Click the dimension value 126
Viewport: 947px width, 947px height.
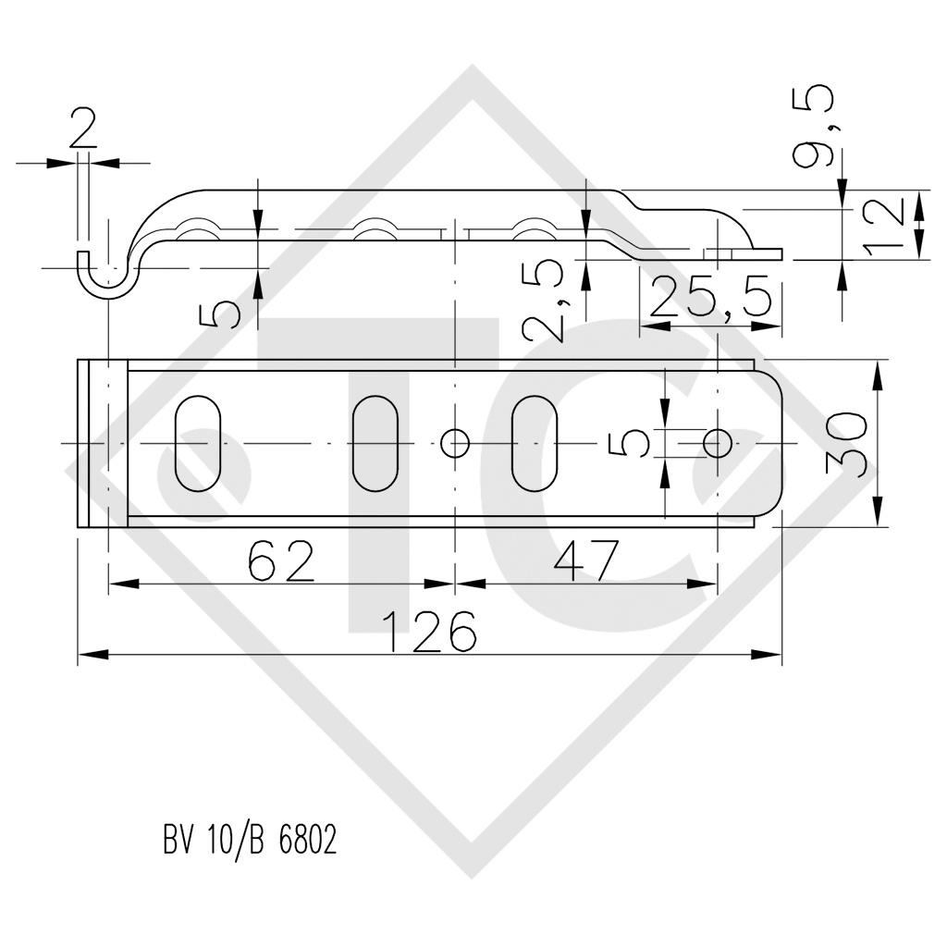pos(430,633)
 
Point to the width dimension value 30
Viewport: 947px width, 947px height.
pos(847,444)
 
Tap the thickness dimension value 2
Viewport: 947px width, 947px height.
pos(83,133)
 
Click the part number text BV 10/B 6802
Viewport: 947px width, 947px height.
pos(249,841)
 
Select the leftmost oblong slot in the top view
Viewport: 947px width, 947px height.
pos(198,444)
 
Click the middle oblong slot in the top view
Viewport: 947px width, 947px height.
pos(375,444)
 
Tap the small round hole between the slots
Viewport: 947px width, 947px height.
pos(455,444)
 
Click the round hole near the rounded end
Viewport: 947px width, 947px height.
pos(717,444)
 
